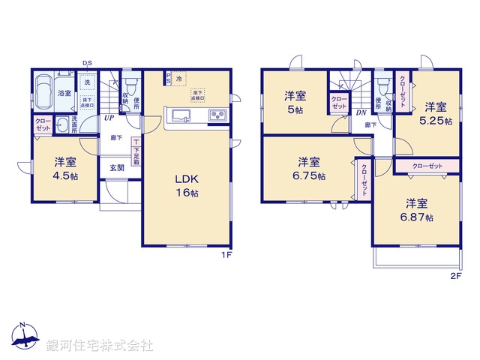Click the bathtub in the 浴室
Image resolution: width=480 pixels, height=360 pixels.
click(44, 91)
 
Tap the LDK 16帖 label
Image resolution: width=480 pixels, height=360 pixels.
click(187, 185)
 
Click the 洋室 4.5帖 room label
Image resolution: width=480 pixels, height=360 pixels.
click(64, 168)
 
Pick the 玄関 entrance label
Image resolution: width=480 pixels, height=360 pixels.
click(117, 167)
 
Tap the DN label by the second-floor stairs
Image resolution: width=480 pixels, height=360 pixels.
click(361, 113)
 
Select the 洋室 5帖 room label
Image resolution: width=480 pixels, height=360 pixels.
click(295, 101)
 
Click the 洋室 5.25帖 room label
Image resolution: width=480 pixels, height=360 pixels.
click(435, 112)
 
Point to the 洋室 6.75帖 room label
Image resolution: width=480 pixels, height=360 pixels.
click(309, 168)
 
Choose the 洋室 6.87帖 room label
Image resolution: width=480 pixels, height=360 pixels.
click(416, 209)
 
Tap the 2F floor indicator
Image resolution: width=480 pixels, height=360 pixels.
click(454, 276)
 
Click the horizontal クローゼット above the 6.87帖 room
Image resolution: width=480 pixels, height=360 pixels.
click(426, 166)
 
